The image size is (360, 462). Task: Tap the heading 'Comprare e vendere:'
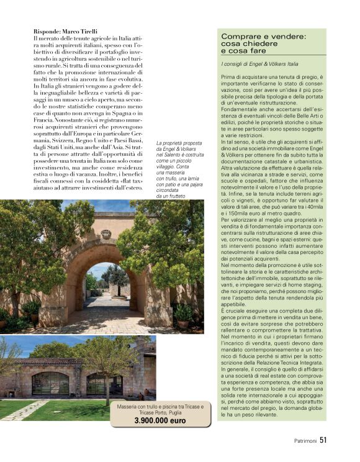coord(263,37)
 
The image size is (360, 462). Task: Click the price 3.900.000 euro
coord(160,420)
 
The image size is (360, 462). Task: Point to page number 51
coord(323,442)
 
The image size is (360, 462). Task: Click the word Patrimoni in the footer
coord(305,442)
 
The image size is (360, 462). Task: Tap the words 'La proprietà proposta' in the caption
coord(178,142)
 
